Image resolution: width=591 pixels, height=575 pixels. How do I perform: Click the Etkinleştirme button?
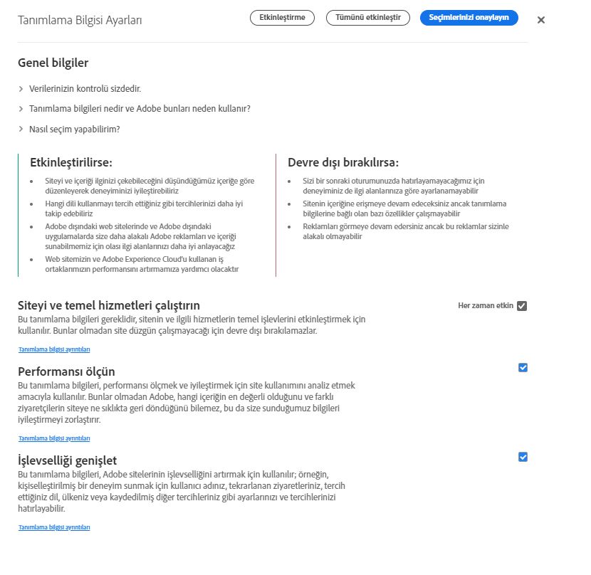(x=282, y=18)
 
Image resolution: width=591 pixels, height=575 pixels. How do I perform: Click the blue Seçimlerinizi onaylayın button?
(x=469, y=18)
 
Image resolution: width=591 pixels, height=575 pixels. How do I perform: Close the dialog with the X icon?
(x=541, y=20)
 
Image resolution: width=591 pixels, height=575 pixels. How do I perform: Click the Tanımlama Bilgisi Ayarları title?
(x=80, y=20)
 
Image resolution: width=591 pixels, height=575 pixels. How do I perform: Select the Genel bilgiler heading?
(x=53, y=63)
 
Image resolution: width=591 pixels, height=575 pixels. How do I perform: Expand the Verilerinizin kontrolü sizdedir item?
(x=85, y=88)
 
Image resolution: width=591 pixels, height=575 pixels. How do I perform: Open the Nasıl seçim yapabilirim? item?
(x=74, y=129)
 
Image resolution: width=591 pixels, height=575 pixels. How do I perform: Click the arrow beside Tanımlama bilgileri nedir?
(x=21, y=109)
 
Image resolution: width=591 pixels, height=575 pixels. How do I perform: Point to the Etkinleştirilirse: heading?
(x=71, y=162)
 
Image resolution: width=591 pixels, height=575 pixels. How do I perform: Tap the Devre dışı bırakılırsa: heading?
(x=343, y=162)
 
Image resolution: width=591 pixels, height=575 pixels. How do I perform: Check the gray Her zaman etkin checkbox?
(x=522, y=306)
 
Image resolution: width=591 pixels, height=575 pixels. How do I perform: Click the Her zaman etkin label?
(x=486, y=306)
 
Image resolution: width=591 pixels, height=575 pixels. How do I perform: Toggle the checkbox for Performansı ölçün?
(x=523, y=368)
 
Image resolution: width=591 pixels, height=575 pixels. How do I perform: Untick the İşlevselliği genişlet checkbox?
(x=523, y=457)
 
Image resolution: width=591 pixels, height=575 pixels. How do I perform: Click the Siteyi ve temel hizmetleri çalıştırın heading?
(x=108, y=305)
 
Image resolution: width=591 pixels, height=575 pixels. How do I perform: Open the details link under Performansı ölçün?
(x=54, y=438)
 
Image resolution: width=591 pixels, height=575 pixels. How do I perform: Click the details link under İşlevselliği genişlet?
(x=54, y=527)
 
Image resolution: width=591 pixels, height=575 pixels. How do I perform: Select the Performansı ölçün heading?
(x=66, y=371)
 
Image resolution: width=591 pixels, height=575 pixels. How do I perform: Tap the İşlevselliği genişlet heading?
(x=67, y=460)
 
